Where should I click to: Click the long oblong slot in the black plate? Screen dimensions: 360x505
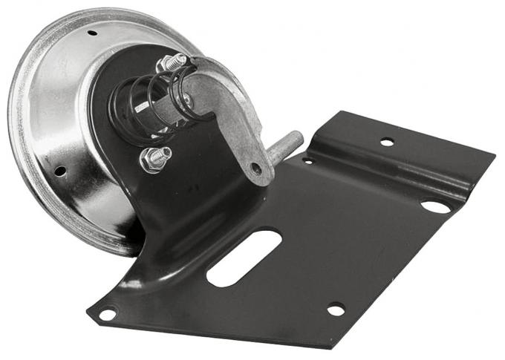[244, 258]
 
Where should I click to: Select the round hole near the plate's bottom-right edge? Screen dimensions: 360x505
[336, 309]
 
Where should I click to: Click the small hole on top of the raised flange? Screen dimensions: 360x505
[387, 142]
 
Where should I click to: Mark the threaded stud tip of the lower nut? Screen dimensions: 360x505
[164, 152]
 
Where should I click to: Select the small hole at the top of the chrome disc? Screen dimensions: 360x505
[92, 33]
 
